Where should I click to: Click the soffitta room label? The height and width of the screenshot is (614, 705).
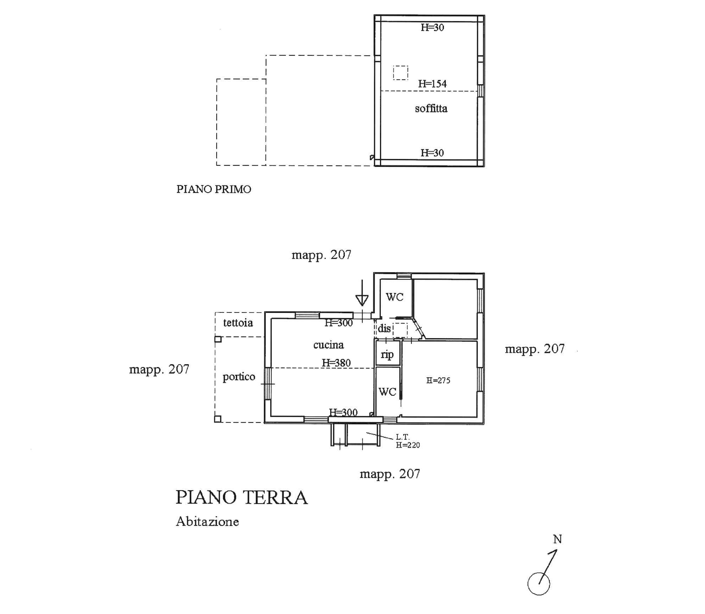[431, 108]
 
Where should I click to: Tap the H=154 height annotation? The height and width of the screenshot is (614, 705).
[432, 84]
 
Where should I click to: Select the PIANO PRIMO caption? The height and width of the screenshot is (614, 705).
[214, 189]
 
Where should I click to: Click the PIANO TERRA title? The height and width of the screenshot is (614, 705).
[242, 498]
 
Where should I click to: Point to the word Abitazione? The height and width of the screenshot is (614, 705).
[207, 522]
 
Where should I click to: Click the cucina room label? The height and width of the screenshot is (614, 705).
[329, 345]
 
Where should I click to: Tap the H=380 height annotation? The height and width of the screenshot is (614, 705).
[336, 363]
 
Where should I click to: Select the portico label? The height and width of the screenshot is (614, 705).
[239, 377]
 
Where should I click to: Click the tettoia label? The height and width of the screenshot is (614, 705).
[238, 323]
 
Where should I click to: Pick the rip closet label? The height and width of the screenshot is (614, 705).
[387, 354]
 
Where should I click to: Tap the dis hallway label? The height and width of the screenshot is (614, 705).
[384, 328]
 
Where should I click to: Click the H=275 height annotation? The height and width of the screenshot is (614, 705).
[438, 380]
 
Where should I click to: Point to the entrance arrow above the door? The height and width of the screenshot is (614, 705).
[362, 293]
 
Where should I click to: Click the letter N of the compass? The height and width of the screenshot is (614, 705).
[558, 539]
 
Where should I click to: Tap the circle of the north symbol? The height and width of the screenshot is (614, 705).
[539, 584]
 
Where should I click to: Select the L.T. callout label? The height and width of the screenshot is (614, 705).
[402, 437]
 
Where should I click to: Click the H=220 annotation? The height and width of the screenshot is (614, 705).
[408, 445]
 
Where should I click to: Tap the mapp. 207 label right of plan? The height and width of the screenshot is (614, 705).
[535, 349]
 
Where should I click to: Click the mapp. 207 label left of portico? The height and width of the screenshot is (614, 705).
[159, 369]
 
